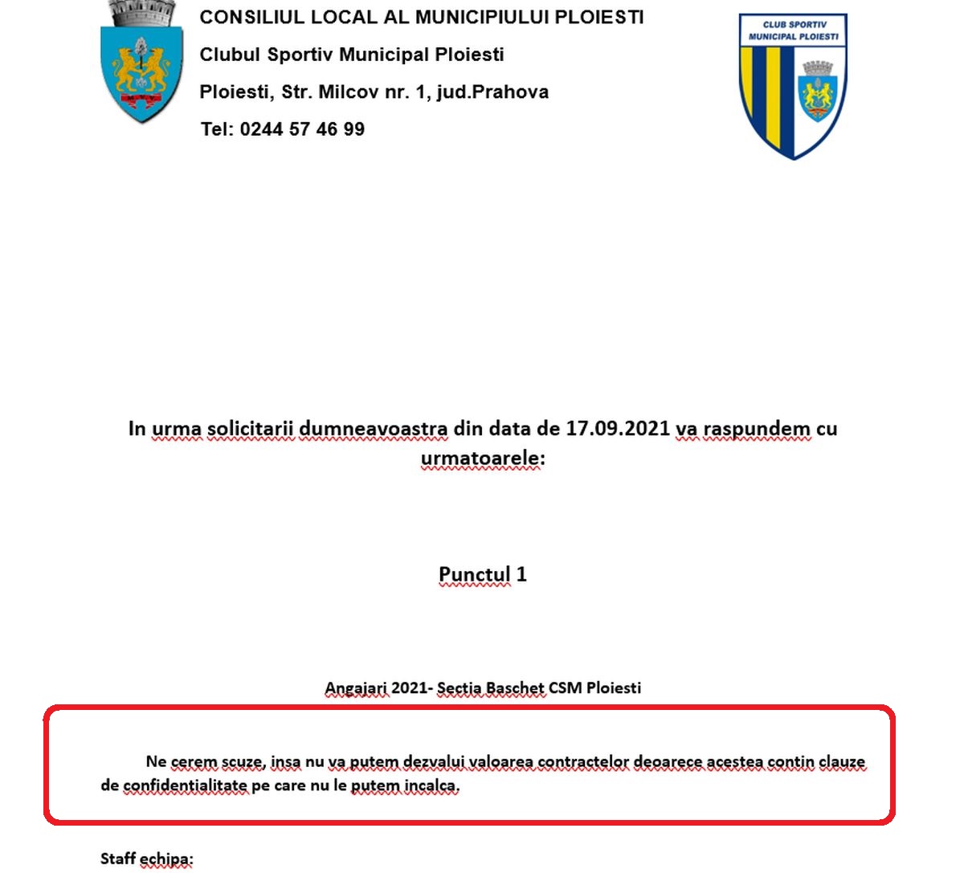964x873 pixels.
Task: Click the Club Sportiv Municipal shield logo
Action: pyautogui.click(x=792, y=87)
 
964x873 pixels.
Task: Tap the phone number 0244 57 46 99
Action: pyautogui.click(x=302, y=129)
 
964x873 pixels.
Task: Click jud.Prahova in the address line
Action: pyautogui.click(x=492, y=92)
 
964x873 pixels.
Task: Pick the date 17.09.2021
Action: pyautogui.click(x=617, y=428)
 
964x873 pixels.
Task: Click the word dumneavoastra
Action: pyautogui.click(x=373, y=428)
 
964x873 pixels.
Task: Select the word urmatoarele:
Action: pyautogui.click(x=483, y=458)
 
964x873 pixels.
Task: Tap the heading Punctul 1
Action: pyautogui.click(x=482, y=574)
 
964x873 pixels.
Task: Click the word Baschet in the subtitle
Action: pyautogui.click(x=515, y=688)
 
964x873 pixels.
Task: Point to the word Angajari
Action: pyautogui.click(x=356, y=688)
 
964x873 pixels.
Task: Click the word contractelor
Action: pyautogui.click(x=583, y=761)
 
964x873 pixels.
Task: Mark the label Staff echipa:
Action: pyautogui.click(x=147, y=859)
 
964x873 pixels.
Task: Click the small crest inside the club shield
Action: pyautogui.click(x=819, y=91)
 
